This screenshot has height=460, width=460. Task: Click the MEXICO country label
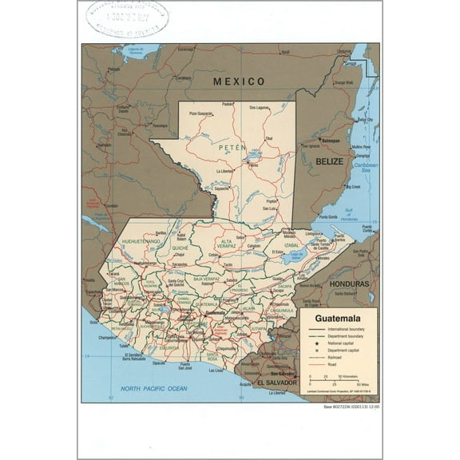pos(238,81)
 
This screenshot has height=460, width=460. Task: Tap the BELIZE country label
pos(328,161)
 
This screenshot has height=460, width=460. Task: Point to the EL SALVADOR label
pos(272,383)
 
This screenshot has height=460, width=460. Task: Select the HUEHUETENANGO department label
pos(141,240)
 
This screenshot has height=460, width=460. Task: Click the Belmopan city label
pos(331,141)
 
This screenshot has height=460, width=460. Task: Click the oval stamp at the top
pos(127,18)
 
